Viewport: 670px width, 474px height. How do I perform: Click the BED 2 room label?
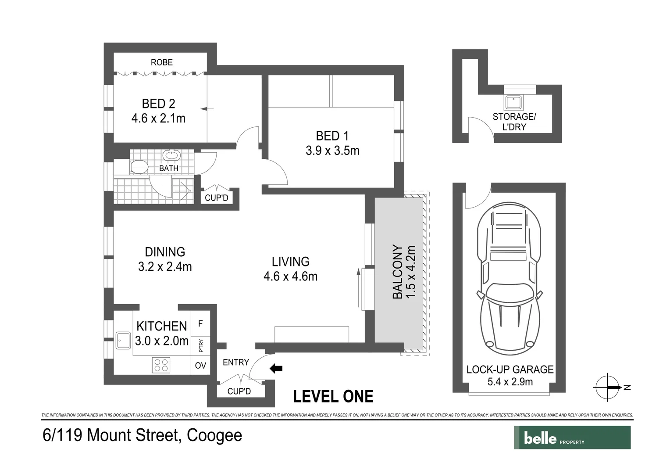click(158, 104)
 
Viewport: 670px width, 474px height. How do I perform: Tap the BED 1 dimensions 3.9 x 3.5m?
click(332, 151)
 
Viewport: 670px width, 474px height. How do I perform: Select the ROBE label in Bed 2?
click(162, 62)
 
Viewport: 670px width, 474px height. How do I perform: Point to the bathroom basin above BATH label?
click(171, 155)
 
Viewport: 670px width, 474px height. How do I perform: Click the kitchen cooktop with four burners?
click(161, 365)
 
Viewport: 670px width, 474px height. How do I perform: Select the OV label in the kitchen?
click(200, 365)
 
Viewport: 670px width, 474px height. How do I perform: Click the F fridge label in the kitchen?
click(200, 324)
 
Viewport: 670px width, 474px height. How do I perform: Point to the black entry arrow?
click(276, 369)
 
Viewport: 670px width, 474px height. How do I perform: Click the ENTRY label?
click(236, 362)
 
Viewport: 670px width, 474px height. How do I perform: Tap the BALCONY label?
click(397, 272)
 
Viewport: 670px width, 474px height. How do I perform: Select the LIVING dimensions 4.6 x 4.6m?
click(290, 276)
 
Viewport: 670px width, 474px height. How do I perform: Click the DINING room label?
click(165, 251)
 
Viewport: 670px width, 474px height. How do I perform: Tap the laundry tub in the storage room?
click(513, 102)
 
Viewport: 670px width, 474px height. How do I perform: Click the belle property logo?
click(572, 438)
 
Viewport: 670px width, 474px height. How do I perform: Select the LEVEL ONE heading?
click(333, 396)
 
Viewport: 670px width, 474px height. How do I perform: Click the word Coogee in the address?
click(214, 435)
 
